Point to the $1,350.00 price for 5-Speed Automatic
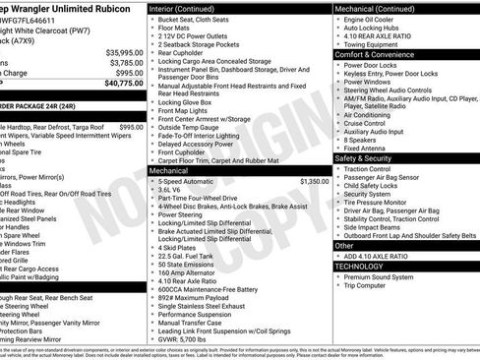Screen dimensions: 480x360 (314, 181)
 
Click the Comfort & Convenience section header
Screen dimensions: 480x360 (376, 54)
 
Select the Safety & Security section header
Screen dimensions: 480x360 (370, 158)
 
